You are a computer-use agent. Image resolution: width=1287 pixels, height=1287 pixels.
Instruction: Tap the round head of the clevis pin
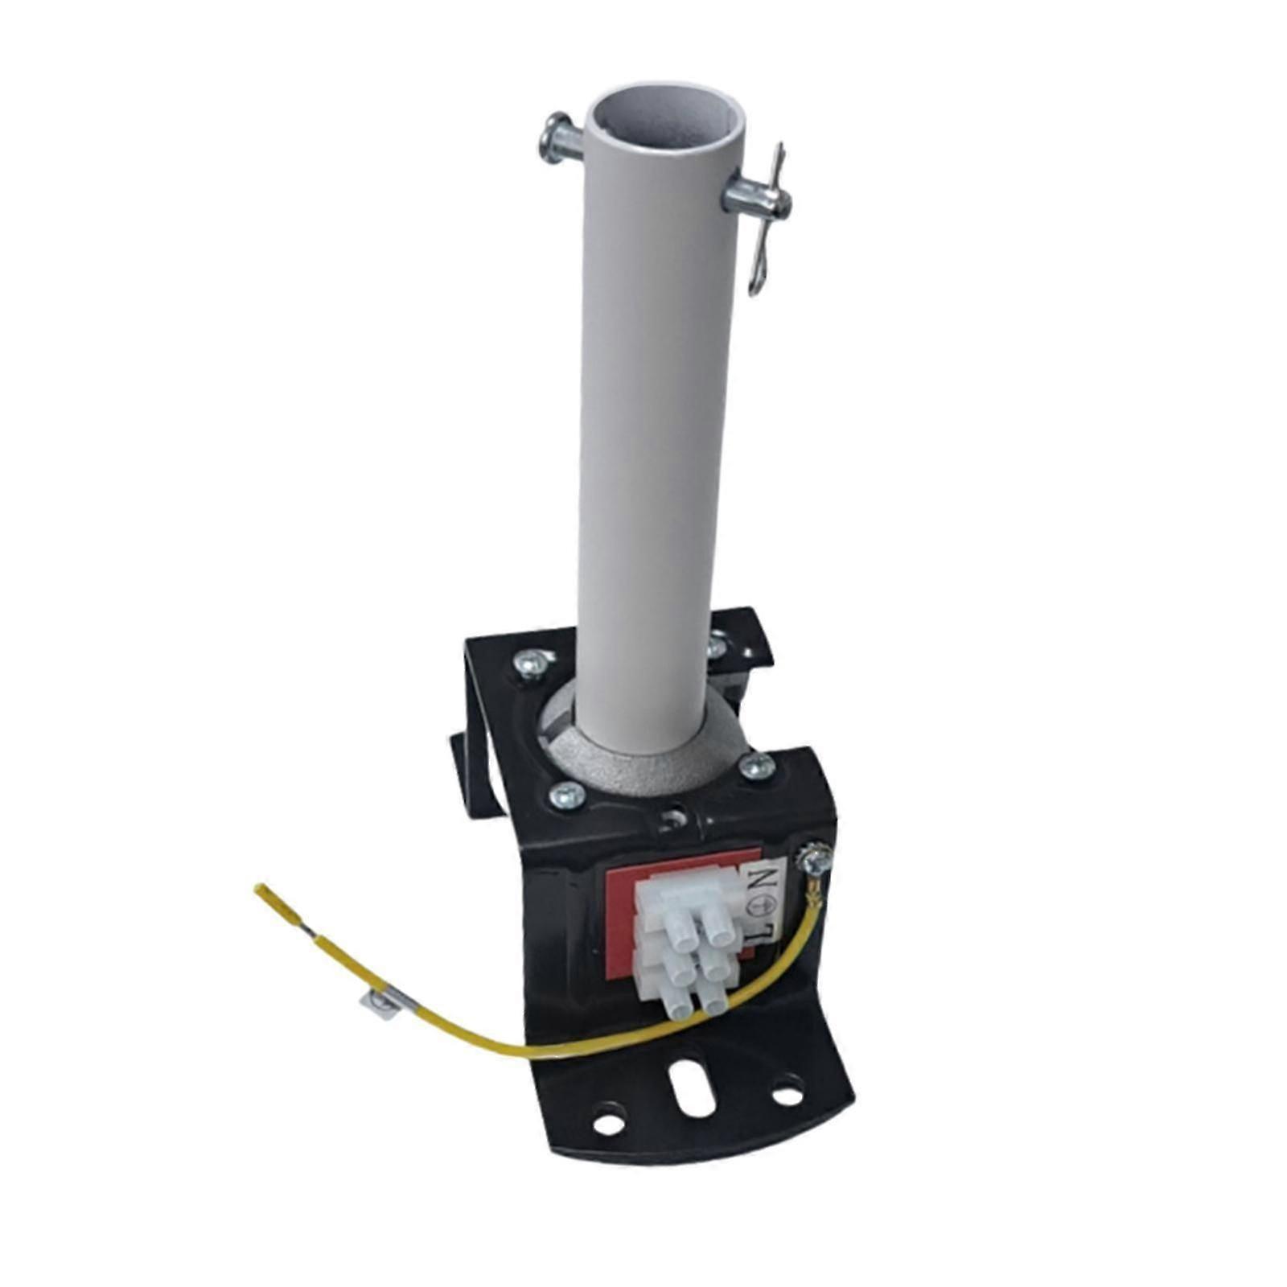click(552, 138)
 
